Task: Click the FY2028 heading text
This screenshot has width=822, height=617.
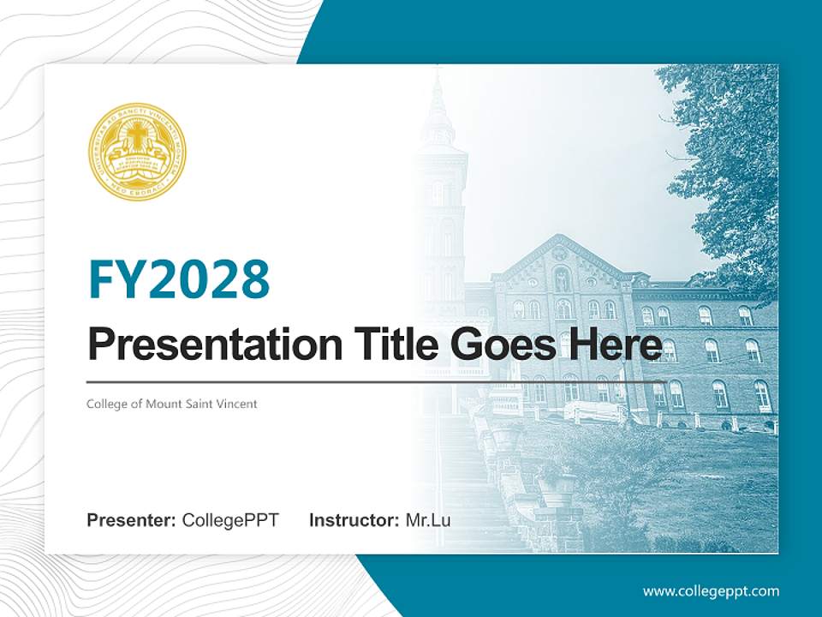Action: [x=179, y=279]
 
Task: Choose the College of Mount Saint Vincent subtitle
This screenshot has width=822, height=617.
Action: [x=171, y=404]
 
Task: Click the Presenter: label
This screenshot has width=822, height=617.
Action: [x=132, y=520]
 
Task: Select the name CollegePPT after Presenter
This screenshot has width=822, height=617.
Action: [x=230, y=520]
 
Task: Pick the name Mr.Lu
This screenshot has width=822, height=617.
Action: [x=428, y=520]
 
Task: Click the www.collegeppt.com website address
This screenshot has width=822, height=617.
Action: [x=711, y=590]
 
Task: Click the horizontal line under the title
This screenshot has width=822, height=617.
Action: [x=377, y=382]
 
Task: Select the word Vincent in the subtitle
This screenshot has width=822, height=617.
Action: [x=237, y=404]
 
